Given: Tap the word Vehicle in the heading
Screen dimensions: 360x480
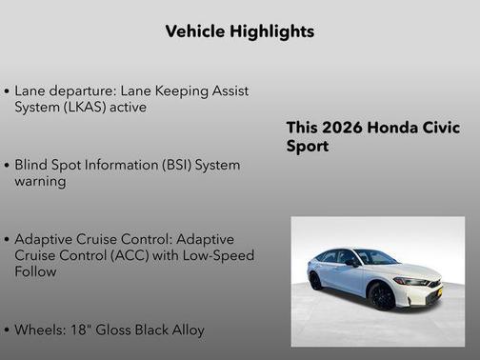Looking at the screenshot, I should [192, 31].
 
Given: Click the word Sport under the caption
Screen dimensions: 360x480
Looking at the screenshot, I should [308, 147].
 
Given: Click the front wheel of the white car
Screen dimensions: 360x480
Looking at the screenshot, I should [382, 296].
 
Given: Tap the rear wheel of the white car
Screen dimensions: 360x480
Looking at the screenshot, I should [315, 281].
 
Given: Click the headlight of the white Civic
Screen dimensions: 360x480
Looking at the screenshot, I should [412, 281].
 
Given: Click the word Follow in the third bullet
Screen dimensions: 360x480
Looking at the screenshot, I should [35, 271].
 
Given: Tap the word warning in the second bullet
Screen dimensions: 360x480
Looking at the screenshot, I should [40, 181].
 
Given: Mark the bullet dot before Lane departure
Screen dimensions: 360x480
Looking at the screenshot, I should [8, 92].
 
